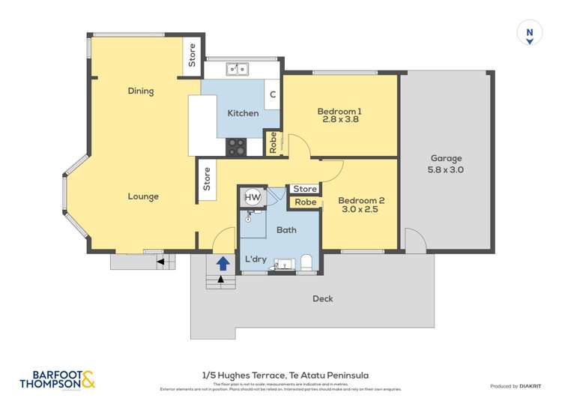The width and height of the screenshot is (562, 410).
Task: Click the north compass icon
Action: point(529,34)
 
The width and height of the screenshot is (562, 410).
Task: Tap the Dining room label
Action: point(140,91)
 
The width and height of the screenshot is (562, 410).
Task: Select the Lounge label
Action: point(142,196)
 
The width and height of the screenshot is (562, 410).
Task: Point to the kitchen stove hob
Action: point(236,147)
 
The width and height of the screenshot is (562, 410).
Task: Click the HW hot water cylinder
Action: point(253,197)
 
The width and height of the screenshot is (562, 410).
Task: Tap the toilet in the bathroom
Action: point(306,262)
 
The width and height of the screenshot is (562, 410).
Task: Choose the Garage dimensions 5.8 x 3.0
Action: point(446,170)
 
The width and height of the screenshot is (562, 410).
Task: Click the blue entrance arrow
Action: point(223,263)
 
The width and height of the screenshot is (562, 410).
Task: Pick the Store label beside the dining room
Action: point(192,55)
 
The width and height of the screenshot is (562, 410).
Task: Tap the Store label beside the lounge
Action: point(207,179)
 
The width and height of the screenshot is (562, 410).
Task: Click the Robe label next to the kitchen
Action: point(273,142)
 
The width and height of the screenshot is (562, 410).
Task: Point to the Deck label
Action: point(322,299)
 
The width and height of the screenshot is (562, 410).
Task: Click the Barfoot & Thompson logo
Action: point(58,381)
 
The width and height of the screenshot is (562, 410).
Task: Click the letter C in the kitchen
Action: point(273,94)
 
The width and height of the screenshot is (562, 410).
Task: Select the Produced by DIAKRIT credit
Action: point(515,386)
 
